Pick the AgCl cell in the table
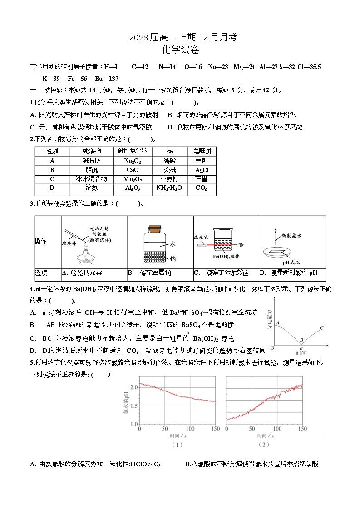[x=202, y=170]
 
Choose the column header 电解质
[x=202, y=151]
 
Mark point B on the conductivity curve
[x=300, y=340]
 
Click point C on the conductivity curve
[x=321, y=328]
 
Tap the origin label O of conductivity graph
[x=272, y=348]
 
